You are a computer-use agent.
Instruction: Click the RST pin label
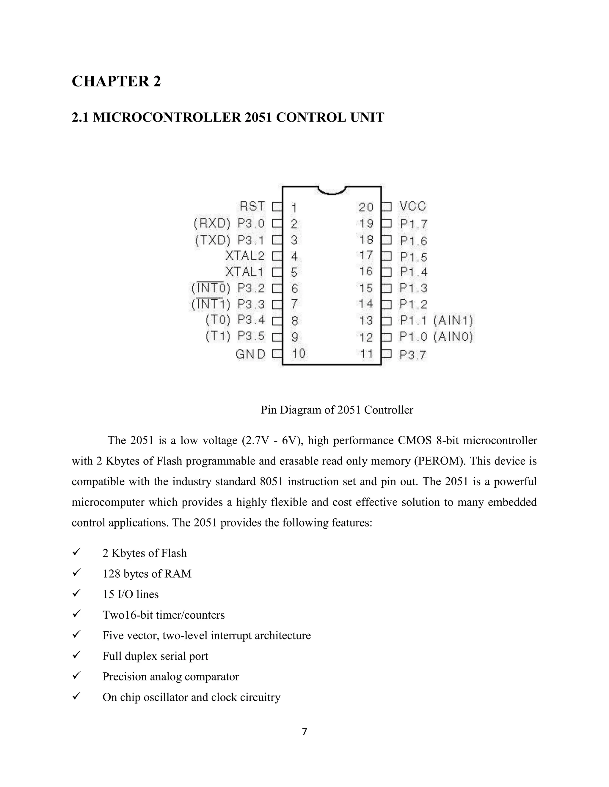click(x=252, y=206)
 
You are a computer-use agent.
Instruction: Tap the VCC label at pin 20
click(x=413, y=206)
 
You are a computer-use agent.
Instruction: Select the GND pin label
click(x=250, y=355)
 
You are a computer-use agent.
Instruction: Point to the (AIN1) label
click(x=453, y=320)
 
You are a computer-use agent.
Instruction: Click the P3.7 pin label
click(x=413, y=355)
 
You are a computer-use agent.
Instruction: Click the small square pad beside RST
click(x=277, y=207)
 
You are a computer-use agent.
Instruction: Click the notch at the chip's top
click(x=332, y=191)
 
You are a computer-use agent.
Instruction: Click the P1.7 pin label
click(x=413, y=224)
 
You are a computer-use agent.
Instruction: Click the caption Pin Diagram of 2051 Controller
click(x=337, y=410)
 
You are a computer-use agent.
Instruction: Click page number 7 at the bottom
click(x=304, y=731)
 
